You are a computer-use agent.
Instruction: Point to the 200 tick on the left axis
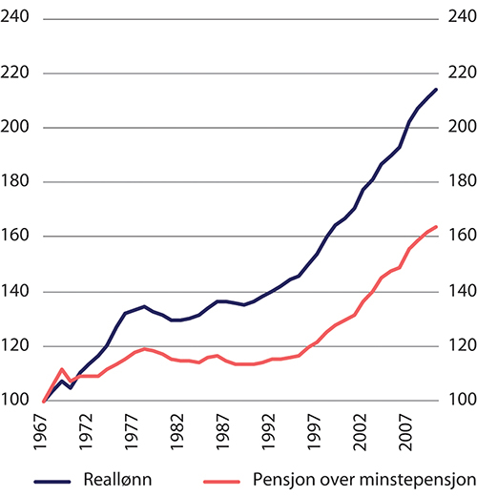coord(19,128)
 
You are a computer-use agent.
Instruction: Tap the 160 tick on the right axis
coord(457,237)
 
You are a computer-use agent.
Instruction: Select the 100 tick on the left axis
coord(19,401)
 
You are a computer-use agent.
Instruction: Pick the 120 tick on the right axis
coord(457,346)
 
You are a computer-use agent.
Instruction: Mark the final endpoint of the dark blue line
coord(437,90)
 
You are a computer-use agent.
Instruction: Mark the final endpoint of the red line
coord(437,227)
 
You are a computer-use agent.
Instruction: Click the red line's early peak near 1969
coord(61,369)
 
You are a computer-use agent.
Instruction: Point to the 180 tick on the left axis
coord(19,182)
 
